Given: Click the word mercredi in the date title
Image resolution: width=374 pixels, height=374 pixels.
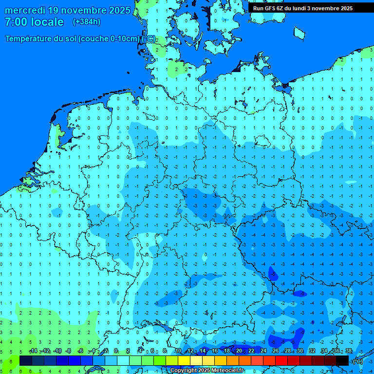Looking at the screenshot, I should [25, 10].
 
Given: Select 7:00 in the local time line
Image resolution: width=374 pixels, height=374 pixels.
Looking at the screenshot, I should [16, 22].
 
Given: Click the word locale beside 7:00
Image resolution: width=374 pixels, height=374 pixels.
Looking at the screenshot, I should [47, 22].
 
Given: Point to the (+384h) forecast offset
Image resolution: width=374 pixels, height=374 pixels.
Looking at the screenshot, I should [86, 22].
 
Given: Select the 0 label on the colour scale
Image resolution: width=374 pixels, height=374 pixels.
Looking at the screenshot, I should [116, 351].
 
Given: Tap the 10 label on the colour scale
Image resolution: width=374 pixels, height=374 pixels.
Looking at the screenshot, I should [178, 351].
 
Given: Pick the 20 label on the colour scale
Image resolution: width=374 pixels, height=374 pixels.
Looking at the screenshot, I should [239, 351].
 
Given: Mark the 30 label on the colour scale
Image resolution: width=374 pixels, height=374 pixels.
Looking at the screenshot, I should [300, 351].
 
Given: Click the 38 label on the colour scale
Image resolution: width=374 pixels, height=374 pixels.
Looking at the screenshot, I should [348, 351].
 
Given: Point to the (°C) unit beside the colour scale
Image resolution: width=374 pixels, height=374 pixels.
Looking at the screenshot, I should [357, 361].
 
